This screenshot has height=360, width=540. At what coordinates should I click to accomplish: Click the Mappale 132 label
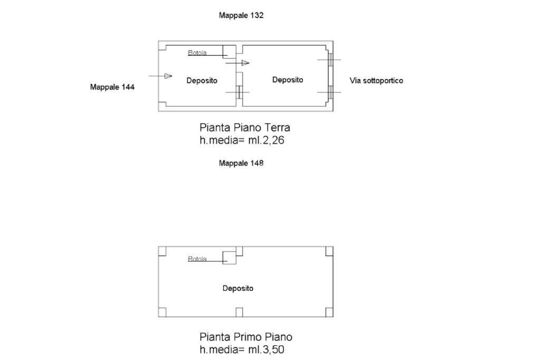(x=241, y=15)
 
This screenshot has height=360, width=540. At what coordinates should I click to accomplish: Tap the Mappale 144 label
(x=112, y=87)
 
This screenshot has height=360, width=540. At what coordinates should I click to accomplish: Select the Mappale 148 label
(x=241, y=163)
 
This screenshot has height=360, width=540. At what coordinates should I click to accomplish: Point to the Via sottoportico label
(x=376, y=81)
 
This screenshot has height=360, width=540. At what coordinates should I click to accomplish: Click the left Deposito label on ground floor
(x=202, y=81)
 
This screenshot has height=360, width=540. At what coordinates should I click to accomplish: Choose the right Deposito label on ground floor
(x=287, y=80)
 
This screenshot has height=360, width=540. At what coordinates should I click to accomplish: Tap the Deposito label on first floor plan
(x=238, y=288)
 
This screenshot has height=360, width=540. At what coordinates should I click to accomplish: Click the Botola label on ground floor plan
(x=197, y=53)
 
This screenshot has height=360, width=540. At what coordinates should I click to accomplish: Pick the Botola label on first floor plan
(x=197, y=259)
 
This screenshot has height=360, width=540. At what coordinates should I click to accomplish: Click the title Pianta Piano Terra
(x=245, y=128)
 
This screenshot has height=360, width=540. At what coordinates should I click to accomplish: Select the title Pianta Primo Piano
(x=246, y=337)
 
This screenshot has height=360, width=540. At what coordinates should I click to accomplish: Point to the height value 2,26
(x=274, y=140)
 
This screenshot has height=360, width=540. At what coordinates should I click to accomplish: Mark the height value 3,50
(x=274, y=349)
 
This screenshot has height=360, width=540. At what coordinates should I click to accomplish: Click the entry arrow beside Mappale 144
(x=160, y=76)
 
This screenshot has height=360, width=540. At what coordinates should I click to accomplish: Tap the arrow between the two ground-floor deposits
(x=238, y=63)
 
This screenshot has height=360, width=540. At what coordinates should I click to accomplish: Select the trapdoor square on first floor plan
(x=229, y=258)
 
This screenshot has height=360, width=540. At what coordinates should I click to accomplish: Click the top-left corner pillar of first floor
(x=162, y=251)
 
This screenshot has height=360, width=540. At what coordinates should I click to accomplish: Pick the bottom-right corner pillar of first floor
(x=329, y=312)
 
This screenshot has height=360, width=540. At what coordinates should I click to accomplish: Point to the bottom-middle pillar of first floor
(x=239, y=312)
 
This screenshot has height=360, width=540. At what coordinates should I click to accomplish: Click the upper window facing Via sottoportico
(x=330, y=60)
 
